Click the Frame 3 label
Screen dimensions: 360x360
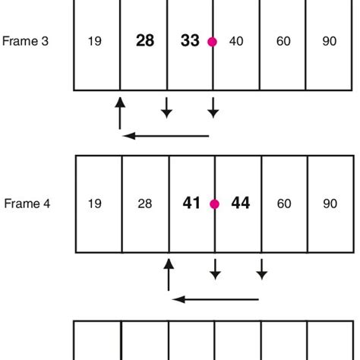tap(27, 42)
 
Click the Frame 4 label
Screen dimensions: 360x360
tap(27, 204)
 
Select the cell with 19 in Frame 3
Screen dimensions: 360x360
tap(96, 42)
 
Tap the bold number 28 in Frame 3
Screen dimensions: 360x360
tap(144, 42)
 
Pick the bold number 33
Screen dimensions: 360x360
tap(190, 42)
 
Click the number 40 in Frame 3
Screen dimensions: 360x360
tap(236, 42)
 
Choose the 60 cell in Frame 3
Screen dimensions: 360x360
tap(283, 42)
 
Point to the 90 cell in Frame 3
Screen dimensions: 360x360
tap(330, 42)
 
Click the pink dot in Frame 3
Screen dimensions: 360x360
tap(212, 42)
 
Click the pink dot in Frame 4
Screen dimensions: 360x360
tap(214, 204)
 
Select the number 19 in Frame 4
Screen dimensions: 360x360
tap(96, 204)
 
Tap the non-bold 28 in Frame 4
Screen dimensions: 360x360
tap(144, 204)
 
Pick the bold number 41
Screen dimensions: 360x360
tap(191, 204)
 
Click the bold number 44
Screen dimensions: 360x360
tap(240, 204)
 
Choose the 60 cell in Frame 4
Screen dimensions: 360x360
tap(283, 204)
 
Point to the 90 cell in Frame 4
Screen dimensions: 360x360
tap(330, 204)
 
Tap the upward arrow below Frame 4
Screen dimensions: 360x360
tap(169, 273)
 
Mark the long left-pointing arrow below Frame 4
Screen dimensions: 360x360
tap(216, 299)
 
